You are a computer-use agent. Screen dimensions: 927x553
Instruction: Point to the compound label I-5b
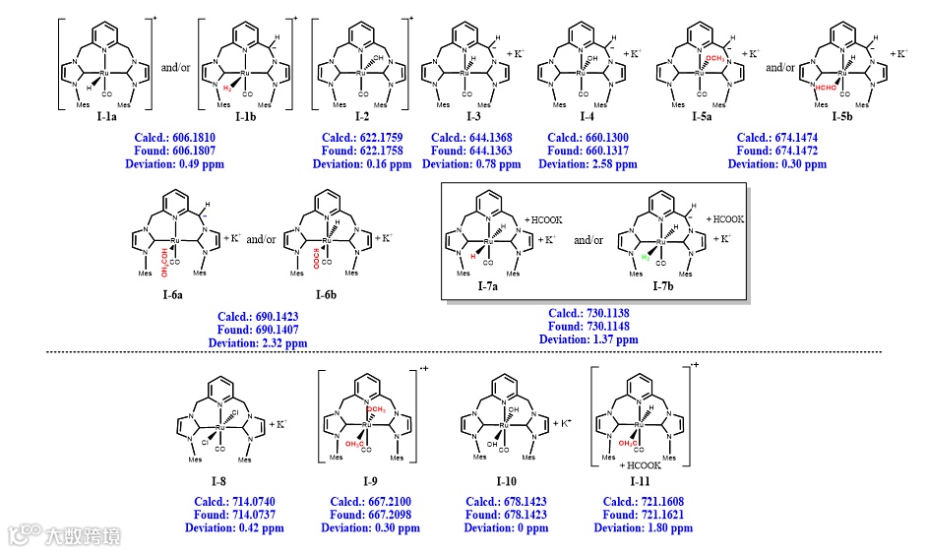(840, 118)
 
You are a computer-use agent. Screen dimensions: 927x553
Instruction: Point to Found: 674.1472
(776, 152)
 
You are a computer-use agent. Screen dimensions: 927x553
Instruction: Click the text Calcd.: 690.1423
(257, 318)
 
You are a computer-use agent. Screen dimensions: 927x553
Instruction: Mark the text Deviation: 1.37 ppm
(588, 339)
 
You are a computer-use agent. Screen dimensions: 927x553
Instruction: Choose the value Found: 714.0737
(233, 515)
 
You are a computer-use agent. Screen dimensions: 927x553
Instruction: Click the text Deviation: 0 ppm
(507, 527)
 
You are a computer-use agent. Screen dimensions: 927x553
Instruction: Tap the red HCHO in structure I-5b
(827, 88)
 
